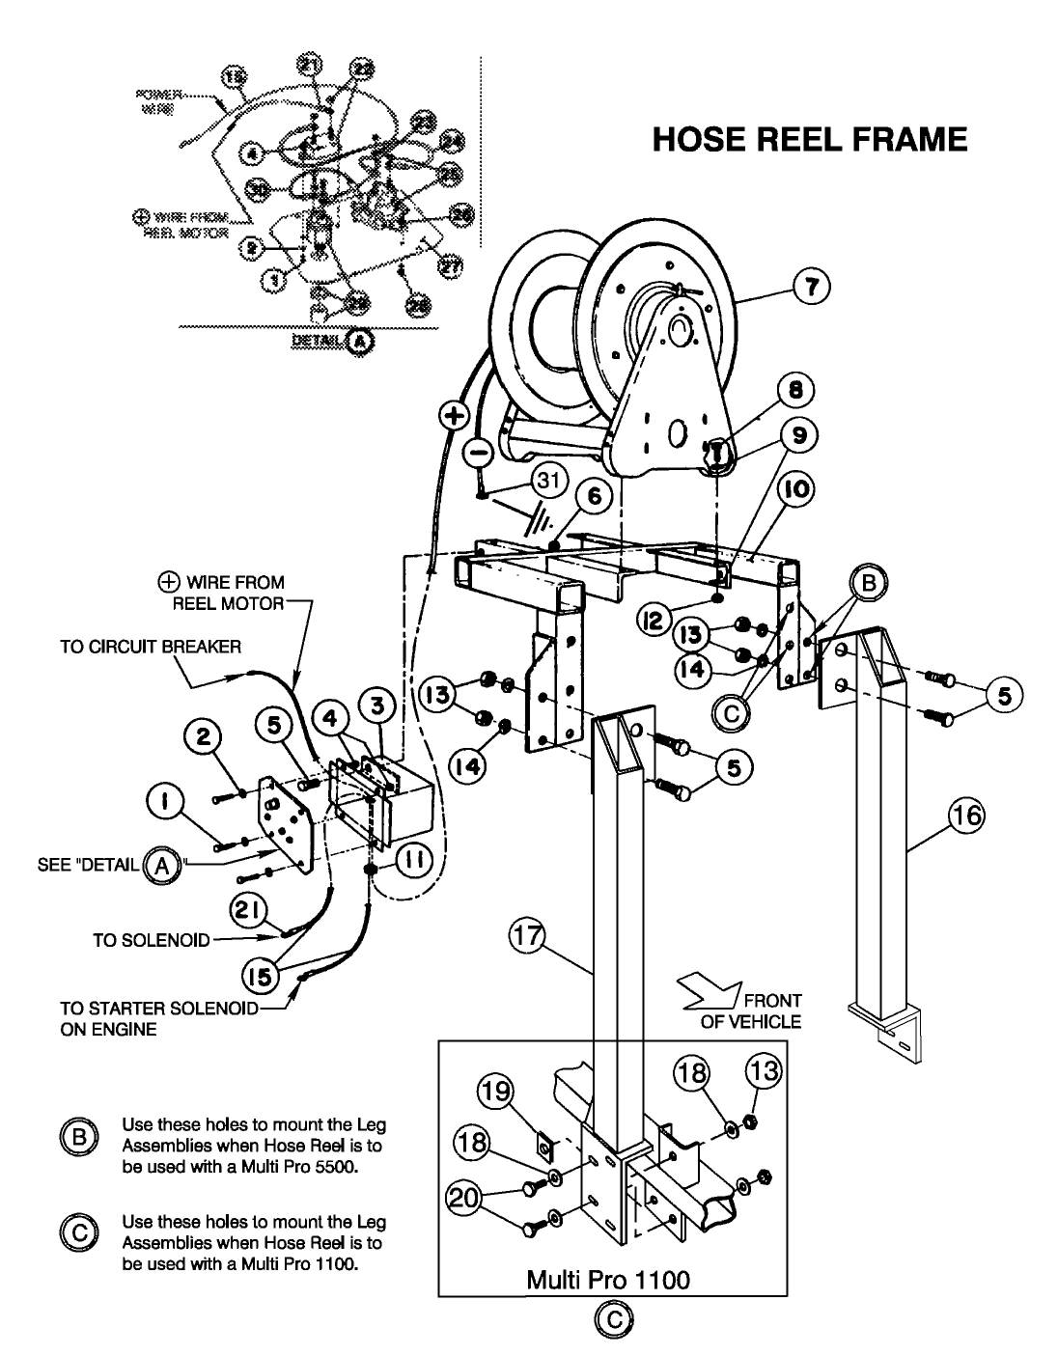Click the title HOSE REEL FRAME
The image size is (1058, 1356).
810,140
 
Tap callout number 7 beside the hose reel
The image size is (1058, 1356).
810,287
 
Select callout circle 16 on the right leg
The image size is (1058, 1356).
966,816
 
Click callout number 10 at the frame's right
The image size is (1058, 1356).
800,490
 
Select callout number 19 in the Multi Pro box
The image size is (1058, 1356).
495,1093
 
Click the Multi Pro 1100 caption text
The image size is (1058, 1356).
608,1280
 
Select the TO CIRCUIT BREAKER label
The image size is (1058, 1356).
151,647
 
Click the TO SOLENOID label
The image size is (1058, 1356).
151,940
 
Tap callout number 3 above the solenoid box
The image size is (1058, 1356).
377,706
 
